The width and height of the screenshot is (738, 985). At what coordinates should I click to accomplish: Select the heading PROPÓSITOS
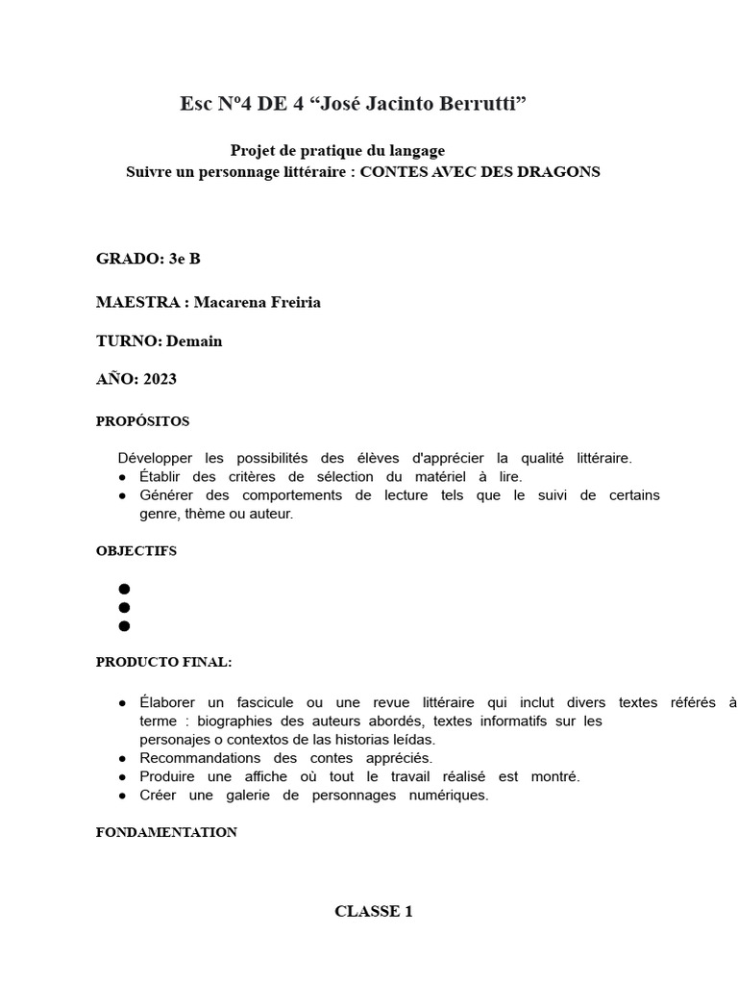(x=142, y=421)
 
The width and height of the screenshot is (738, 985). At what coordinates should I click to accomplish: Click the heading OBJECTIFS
(x=136, y=551)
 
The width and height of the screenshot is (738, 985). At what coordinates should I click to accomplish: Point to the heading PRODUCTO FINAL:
(x=163, y=663)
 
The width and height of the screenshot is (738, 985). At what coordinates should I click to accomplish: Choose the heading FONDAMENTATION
(x=166, y=832)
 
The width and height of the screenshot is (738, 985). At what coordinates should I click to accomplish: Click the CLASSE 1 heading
(x=374, y=911)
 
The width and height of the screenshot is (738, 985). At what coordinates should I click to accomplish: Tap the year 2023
(x=160, y=379)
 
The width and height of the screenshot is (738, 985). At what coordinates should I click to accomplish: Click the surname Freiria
(x=287, y=302)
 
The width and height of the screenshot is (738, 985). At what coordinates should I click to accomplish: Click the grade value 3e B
(x=184, y=258)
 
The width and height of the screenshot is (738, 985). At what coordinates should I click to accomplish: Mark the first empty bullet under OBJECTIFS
(x=124, y=589)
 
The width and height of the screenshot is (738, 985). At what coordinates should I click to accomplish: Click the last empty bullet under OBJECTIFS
(x=124, y=626)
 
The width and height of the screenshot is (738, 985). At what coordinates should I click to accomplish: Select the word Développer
(x=157, y=458)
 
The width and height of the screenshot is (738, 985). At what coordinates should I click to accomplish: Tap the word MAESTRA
(x=138, y=302)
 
